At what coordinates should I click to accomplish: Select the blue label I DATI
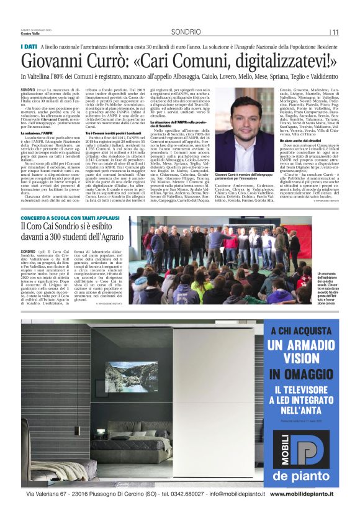[29, 47]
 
